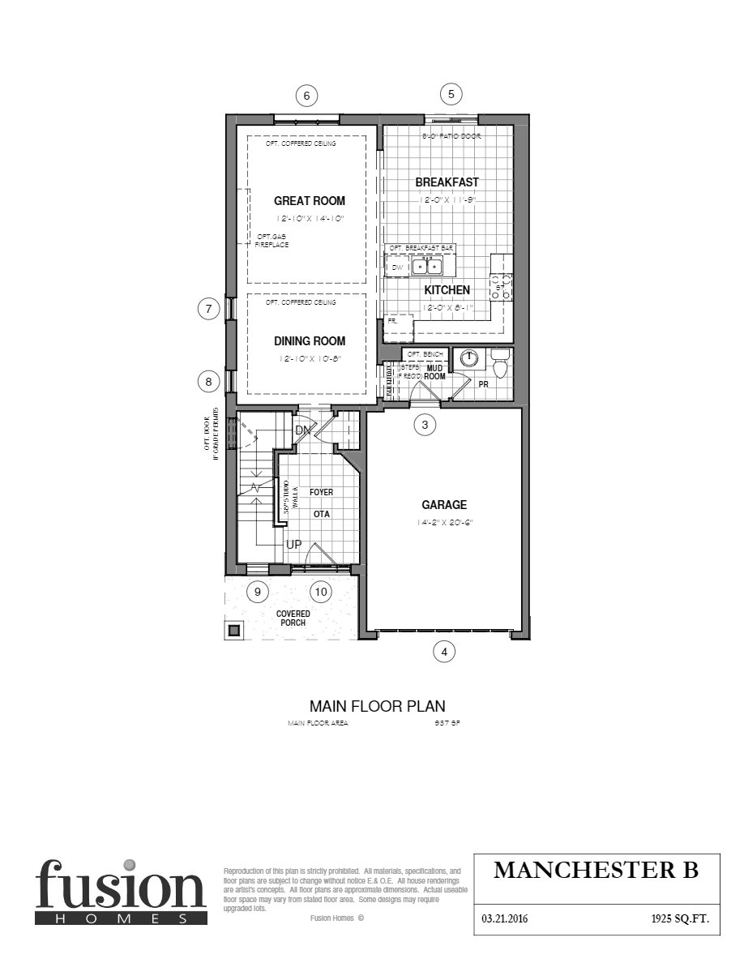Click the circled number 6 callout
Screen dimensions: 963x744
[306, 96]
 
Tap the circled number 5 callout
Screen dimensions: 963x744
[451, 93]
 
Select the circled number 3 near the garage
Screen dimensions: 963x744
[425, 424]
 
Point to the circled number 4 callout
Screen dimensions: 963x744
[443, 650]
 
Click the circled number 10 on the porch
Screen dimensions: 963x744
[321, 592]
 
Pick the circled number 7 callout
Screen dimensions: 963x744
[209, 309]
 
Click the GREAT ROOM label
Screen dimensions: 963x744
[309, 201]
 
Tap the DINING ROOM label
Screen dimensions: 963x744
[309, 341]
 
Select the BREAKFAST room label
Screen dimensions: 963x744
[447, 182]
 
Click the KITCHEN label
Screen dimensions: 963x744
[447, 290]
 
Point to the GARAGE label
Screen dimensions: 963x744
[443, 505]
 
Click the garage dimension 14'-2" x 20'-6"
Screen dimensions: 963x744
[444, 523]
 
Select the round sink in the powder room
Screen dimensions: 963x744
[468, 357]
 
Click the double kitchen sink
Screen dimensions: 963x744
[427, 266]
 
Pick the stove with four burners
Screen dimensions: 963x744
[502, 287]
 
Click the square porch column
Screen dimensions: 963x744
[233, 630]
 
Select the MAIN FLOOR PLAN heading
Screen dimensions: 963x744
[377, 706]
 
